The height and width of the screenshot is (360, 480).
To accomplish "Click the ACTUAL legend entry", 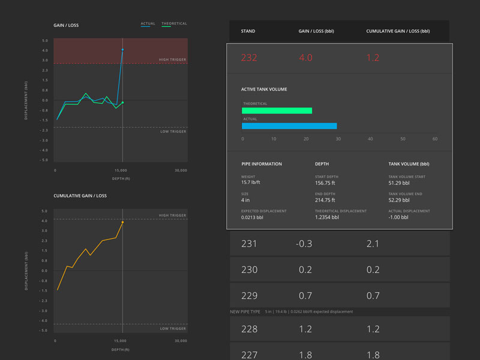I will (148, 24).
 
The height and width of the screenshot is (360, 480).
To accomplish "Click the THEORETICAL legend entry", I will (174, 24).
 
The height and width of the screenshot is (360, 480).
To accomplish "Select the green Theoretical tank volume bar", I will (277, 110).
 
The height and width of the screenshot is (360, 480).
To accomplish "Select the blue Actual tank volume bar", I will (289, 126).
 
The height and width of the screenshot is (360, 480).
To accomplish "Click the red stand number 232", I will (249, 58).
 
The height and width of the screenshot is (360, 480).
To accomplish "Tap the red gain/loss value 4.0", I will (305, 58).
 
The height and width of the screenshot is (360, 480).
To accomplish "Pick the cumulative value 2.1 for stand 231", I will (373, 244).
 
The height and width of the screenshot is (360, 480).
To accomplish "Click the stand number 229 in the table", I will (249, 296).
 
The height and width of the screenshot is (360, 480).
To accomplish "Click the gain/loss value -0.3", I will (304, 244).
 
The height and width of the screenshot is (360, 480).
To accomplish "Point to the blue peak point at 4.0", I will (122, 50).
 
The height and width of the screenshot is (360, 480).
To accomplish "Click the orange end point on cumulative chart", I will (122, 222).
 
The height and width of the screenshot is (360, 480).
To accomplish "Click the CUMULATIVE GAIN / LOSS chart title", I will (80, 196).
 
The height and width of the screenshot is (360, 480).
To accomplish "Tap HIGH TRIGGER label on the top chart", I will (172, 59).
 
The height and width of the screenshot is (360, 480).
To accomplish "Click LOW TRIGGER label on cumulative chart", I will (173, 329).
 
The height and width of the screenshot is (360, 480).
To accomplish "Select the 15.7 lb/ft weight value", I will (251, 182).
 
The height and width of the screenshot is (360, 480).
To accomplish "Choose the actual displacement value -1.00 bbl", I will (399, 217).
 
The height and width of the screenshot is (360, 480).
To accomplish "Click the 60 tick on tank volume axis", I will (434, 139).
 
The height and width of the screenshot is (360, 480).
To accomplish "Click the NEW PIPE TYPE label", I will (245, 312).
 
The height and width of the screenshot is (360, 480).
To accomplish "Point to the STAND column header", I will (248, 31).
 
